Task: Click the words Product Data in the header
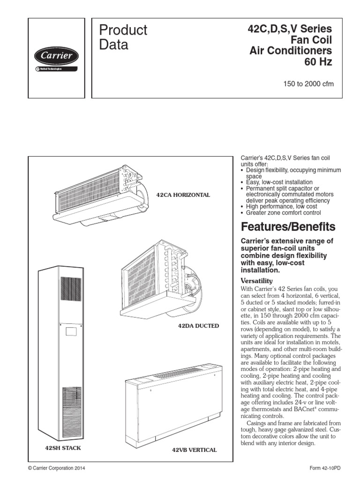[123, 37]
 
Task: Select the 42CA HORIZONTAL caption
[183, 195]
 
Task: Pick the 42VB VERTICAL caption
[194, 450]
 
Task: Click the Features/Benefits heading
[288, 227]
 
